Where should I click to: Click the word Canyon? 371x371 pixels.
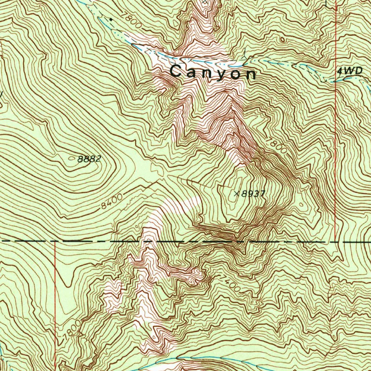pyautogui.click(x=213, y=72)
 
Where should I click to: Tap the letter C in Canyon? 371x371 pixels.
pyautogui.click(x=176, y=71)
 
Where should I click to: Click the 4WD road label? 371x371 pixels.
pyautogui.click(x=349, y=71)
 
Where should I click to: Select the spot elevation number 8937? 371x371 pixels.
pyautogui.click(x=253, y=194)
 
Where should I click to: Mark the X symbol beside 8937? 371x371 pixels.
pyautogui.click(x=237, y=194)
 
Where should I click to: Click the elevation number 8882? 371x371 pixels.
pyautogui.click(x=89, y=159)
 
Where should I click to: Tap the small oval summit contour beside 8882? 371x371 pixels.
pyautogui.click(x=71, y=158)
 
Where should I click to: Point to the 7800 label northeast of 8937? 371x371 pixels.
pyautogui.click(x=276, y=146)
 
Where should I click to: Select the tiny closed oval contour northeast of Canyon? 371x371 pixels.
pyautogui.click(x=282, y=39)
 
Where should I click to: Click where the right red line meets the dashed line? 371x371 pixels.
pyautogui.click(x=336, y=241)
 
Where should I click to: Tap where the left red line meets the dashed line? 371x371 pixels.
pyautogui.click(x=55, y=241)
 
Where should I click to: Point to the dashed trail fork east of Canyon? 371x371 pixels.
pyautogui.click(x=247, y=58)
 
